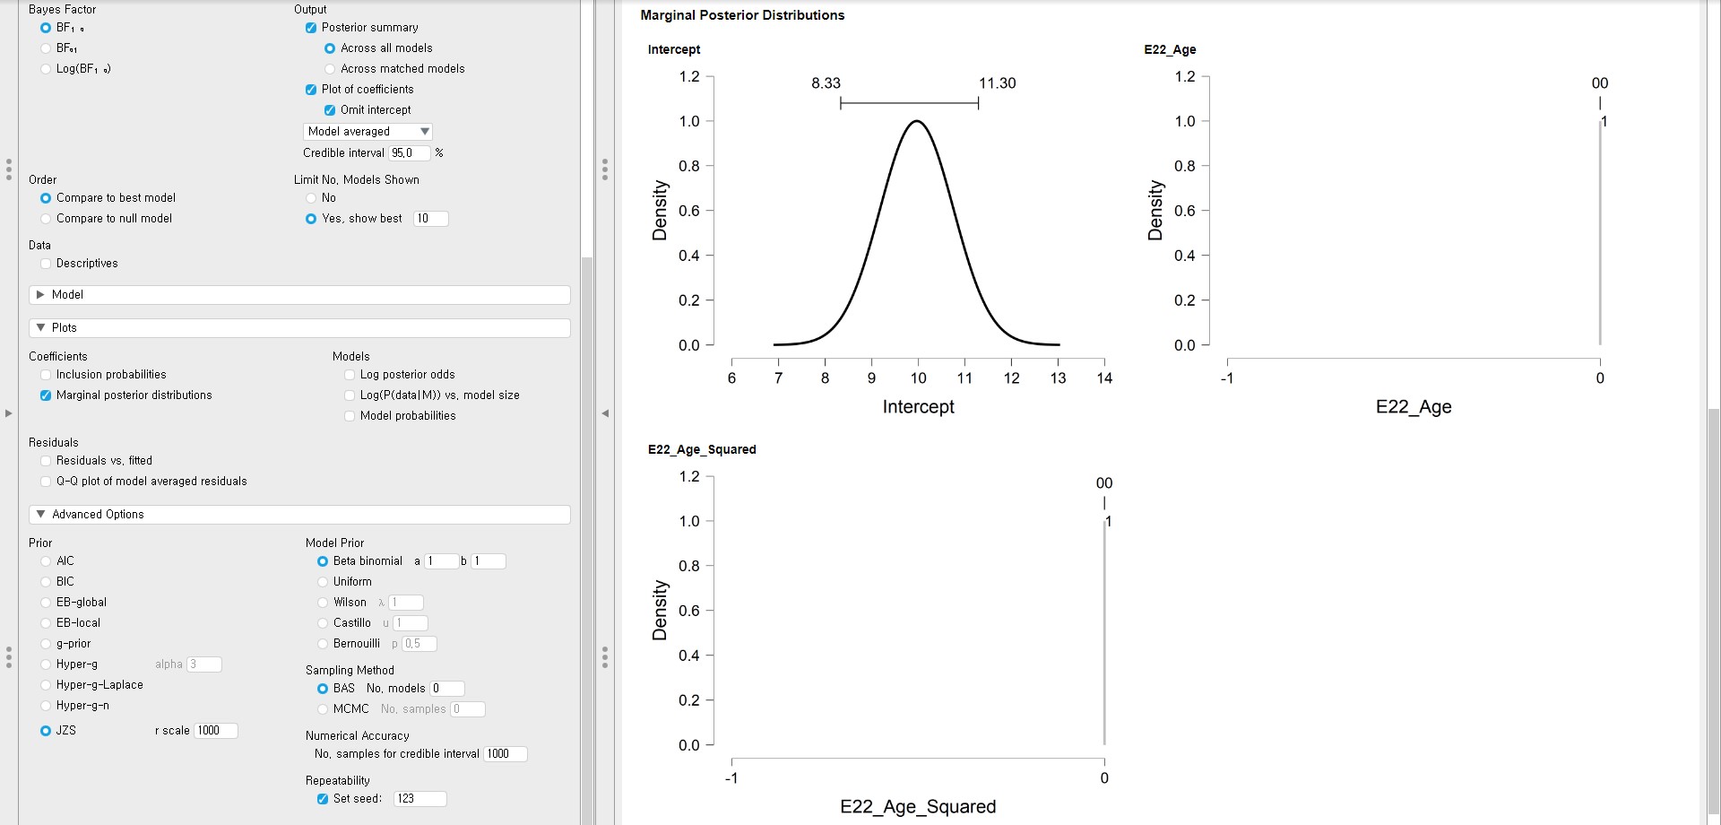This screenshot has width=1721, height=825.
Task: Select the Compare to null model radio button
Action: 46,219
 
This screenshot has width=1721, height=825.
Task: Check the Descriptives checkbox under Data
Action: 46,264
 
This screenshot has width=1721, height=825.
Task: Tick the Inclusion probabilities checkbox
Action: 46,375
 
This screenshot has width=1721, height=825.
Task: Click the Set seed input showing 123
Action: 419,799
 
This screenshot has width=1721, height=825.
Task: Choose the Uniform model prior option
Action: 323,582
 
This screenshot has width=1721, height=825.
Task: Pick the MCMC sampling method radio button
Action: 323,709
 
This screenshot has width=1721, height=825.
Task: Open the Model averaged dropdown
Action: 368,132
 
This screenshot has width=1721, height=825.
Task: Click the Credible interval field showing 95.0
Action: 409,153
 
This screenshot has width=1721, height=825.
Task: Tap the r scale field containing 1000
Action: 215,731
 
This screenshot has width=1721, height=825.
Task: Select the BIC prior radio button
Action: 46,582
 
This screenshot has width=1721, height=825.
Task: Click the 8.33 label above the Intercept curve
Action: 826,83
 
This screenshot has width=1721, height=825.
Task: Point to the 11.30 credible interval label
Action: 997,83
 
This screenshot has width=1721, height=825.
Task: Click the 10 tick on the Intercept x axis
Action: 918,378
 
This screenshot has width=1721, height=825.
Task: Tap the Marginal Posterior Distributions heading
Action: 742,15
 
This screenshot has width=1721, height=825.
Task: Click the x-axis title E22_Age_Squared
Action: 918,807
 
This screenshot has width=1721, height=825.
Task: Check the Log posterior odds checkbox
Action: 350,375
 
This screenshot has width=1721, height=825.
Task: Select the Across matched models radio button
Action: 330,69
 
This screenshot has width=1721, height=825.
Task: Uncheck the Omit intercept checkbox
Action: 330,110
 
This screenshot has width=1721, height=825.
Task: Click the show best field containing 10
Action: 430,219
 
